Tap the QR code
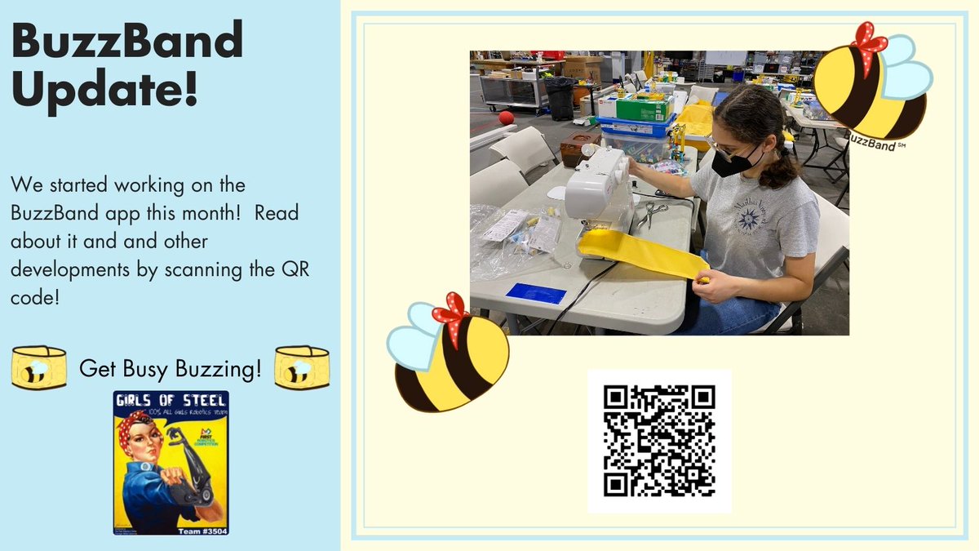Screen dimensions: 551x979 pyautogui.click(x=659, y=441)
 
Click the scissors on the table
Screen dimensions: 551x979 pyautogui.click(x=652, y=213)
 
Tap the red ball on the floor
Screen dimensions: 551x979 pyautogui.click(x=506, y=117)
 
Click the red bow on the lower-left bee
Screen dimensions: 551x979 pyautogui.click(x=451, y=311)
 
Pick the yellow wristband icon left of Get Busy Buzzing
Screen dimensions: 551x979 pyautogui.click(x=38, y=367)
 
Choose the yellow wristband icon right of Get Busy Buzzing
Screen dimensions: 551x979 pyautogui.click(x=301, y=367)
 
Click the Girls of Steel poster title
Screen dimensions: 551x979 pyautogui.click(x=171, y=401)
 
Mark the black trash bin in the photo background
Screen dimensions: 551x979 pyautogui.click(x=559, y=97)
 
